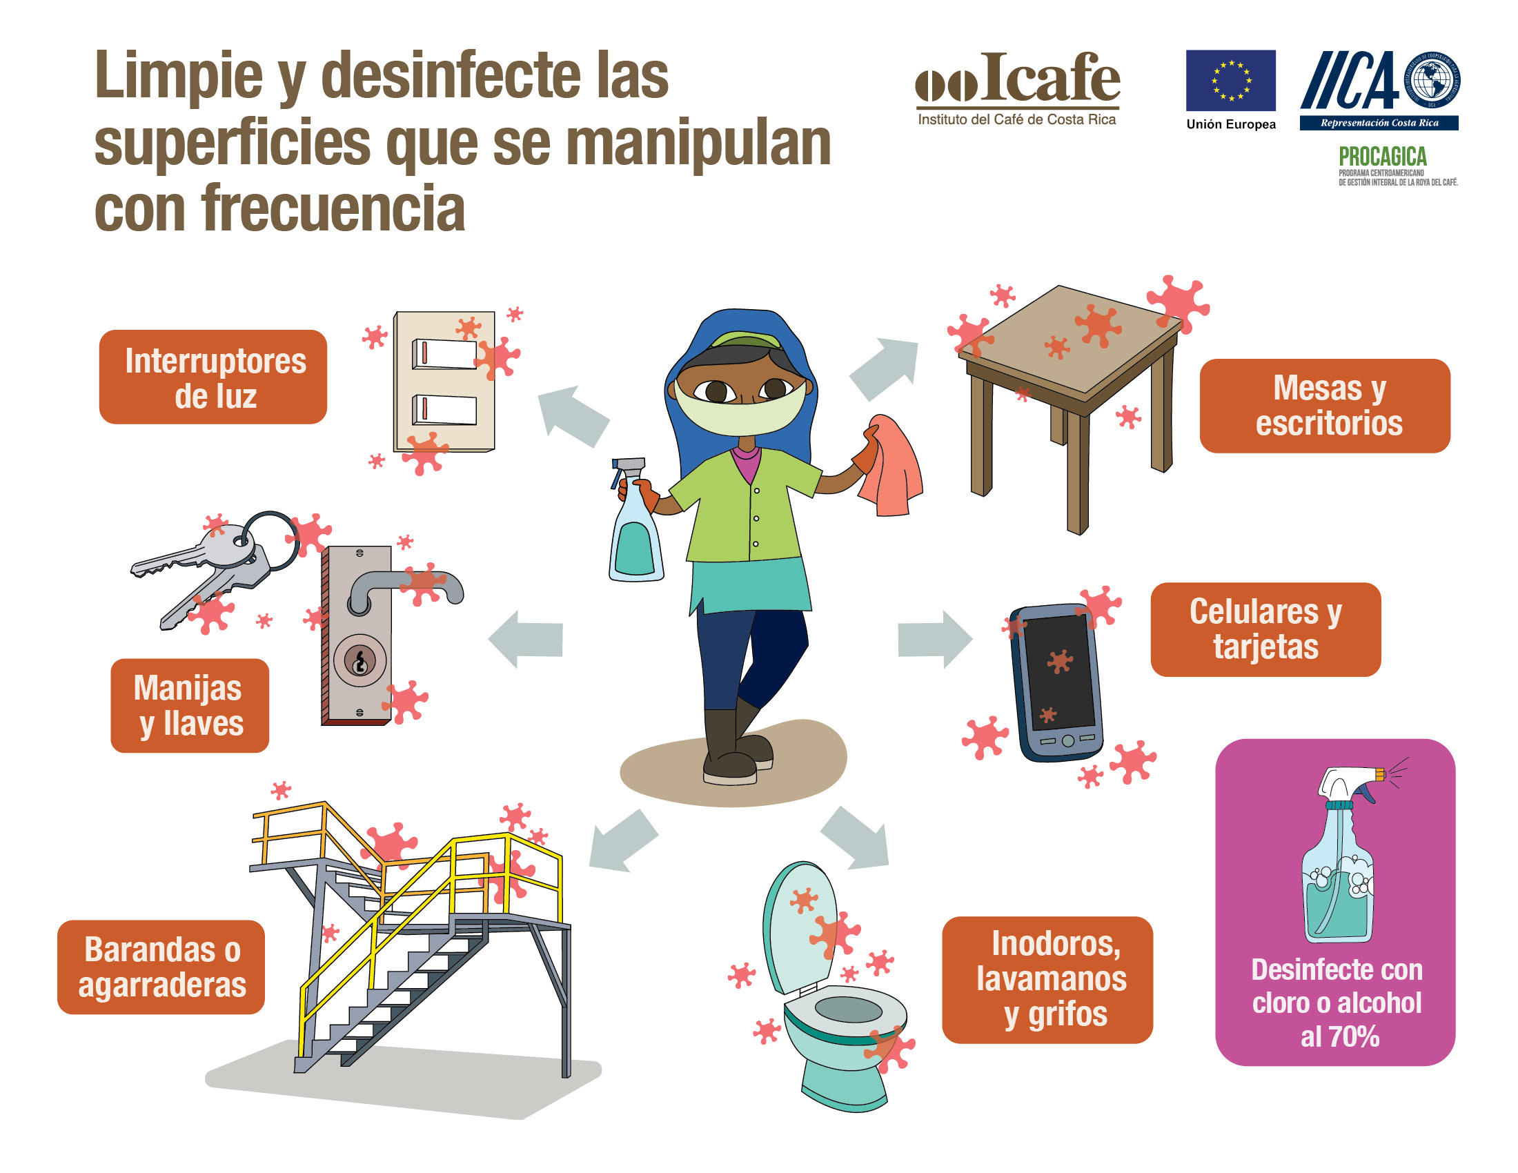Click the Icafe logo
point(1017,88)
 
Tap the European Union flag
point(1230,80)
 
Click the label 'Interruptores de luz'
point(213,377)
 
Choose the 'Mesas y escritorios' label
point(1324,406)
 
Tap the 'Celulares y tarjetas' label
point(1265,629)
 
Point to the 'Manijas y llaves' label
point(189,705)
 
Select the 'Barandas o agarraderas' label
point(161,967)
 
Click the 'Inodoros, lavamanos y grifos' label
point(1047,979)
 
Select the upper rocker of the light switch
point(444,354)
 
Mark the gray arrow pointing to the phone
point(934,639)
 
